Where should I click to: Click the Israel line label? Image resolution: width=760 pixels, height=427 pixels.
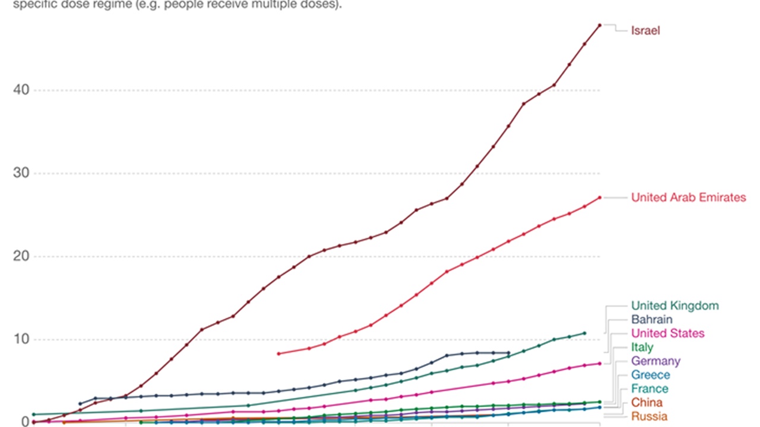pos(645,31)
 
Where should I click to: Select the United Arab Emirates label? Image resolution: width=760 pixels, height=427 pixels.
pos(688,197)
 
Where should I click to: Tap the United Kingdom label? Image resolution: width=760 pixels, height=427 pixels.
pos(674,306)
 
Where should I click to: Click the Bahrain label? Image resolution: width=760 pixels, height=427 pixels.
pos(652,320)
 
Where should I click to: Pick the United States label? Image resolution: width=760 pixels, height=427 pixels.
pos(667,333)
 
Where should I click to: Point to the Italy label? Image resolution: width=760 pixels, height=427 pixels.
pos(642,347)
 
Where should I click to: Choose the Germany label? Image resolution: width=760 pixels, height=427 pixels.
pos(655,361)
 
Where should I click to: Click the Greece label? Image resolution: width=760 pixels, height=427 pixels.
pos(650,375)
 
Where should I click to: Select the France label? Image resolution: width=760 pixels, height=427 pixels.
pos(650,388)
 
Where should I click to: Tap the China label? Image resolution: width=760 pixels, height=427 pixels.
pos(647,403)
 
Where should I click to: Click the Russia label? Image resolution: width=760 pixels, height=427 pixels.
pos(649,416)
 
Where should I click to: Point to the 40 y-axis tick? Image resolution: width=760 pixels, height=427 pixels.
pos(21,90)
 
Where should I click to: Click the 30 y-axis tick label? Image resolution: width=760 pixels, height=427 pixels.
pos(21,173)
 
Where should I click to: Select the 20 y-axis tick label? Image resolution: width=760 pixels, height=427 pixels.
pos(21,256)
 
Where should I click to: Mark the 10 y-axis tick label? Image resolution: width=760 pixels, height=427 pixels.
pos(21,339)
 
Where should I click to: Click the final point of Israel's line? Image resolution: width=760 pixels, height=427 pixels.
pos(600,25)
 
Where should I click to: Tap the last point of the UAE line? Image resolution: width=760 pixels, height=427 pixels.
pos(600,197)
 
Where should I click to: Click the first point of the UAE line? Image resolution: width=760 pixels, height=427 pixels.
pos(278,353)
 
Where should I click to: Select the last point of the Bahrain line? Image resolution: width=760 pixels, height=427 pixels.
pos(509,353)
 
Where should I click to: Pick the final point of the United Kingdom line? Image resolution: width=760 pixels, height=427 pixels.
pos(584,333)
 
